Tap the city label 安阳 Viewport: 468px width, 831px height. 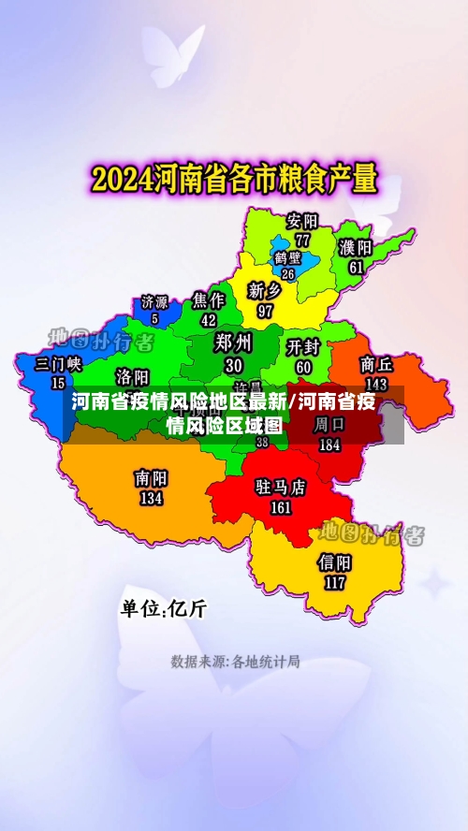coord(302,222)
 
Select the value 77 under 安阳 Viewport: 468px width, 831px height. coord(302,240)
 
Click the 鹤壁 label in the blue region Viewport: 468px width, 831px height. coord(287,257)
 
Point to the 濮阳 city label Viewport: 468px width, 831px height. coord(356,248)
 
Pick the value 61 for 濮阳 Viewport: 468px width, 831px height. coord(356,267)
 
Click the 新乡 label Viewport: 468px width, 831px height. coord(265,290)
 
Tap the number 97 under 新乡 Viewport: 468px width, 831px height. coord(265,310)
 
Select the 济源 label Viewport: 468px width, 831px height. coord(154,302)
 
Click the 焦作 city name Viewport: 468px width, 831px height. coord(209,299)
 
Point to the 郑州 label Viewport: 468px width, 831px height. coord(233,342)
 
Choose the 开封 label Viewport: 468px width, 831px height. coord(304,347)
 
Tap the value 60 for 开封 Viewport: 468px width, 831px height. coord(304,366)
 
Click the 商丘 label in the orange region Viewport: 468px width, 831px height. coord(376,364)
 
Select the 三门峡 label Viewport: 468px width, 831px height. coord(58,364)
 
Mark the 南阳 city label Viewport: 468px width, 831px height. coord(151,478)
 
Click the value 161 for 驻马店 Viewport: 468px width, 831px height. coord(281,508)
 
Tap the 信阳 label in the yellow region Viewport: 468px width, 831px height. coord(334,562)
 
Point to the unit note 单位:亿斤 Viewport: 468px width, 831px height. coord(163,608)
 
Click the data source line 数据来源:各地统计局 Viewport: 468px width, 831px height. coord(235,662)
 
